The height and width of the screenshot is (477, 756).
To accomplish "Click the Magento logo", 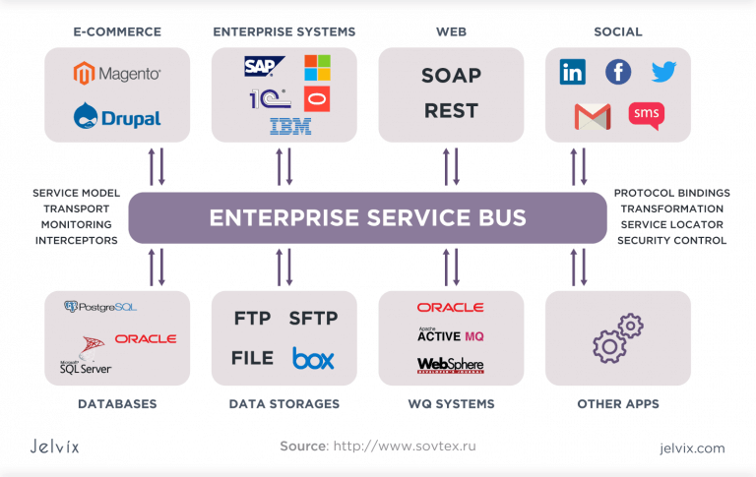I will click(117, 73).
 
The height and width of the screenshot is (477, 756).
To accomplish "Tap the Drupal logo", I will click(117, 116).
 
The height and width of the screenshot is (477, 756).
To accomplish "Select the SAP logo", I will click(265, 67).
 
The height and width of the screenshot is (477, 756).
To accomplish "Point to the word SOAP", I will click(451, 76).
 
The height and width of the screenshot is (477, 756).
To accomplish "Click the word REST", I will click(451, 111).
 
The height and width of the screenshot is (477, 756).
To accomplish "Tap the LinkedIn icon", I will click(572, 72).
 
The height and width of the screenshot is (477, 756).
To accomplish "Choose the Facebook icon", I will click(618, 72).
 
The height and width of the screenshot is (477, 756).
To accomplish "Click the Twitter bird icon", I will click(664, 72).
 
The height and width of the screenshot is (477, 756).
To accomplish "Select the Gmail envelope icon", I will click(593, 116).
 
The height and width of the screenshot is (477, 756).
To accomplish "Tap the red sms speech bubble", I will click(647, 115).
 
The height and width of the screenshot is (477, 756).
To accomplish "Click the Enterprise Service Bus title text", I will click(367, 217).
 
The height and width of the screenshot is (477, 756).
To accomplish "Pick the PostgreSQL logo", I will click(99, 307).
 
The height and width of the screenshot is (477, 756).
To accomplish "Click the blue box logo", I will click(313, 358).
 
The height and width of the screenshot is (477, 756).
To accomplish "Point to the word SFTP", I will click(313, 318).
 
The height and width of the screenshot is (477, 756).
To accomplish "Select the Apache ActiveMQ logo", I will click(450, 335).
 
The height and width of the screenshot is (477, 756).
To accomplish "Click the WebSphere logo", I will click(450, 365).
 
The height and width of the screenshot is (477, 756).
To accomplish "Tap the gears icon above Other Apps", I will click(617, 337).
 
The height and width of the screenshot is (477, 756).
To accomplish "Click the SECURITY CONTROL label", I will click(671, 240).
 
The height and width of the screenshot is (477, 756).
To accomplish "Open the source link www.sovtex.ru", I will click(405, 447).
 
